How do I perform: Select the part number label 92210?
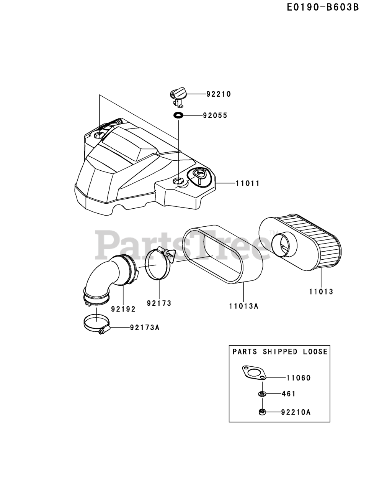click(219, 94)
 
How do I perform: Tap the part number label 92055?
click(215, 115)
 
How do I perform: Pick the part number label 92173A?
click(144, 328)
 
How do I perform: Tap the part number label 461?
click(289, 394)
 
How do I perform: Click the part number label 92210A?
click(296, 412)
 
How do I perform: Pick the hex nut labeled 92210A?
click(262, 412)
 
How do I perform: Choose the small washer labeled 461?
click(262, 394)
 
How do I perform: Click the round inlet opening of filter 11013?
click(283, 244)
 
